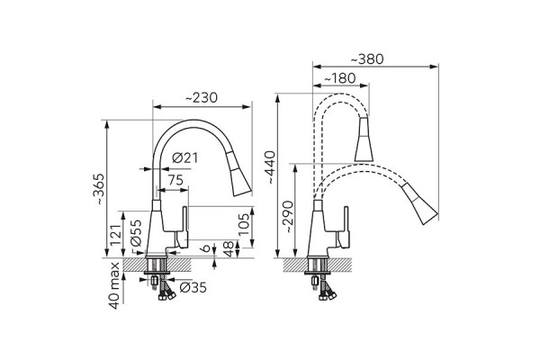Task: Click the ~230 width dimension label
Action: [x=202, y=98]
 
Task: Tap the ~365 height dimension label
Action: [x=99, y=189]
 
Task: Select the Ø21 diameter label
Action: [x=185, y=158]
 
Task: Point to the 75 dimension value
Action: [x=175, y=180]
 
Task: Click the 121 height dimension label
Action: [x=116, y=235]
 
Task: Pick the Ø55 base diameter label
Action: [x=137, y=232]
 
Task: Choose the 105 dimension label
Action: [x=244, y=225]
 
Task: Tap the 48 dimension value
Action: [x=229, y=248]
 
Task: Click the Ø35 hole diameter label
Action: [x=193, y=287]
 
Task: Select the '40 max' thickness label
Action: [x=114, y=285]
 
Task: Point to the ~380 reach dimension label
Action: [x=367, y=59]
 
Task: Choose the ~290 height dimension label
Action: [x=287, y=217]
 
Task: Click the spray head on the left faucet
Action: [x=239, y=174]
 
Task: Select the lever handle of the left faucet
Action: [x=182, y=227]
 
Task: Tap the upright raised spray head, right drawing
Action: [x=364, y=139]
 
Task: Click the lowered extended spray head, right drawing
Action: [x=420, y=204]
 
